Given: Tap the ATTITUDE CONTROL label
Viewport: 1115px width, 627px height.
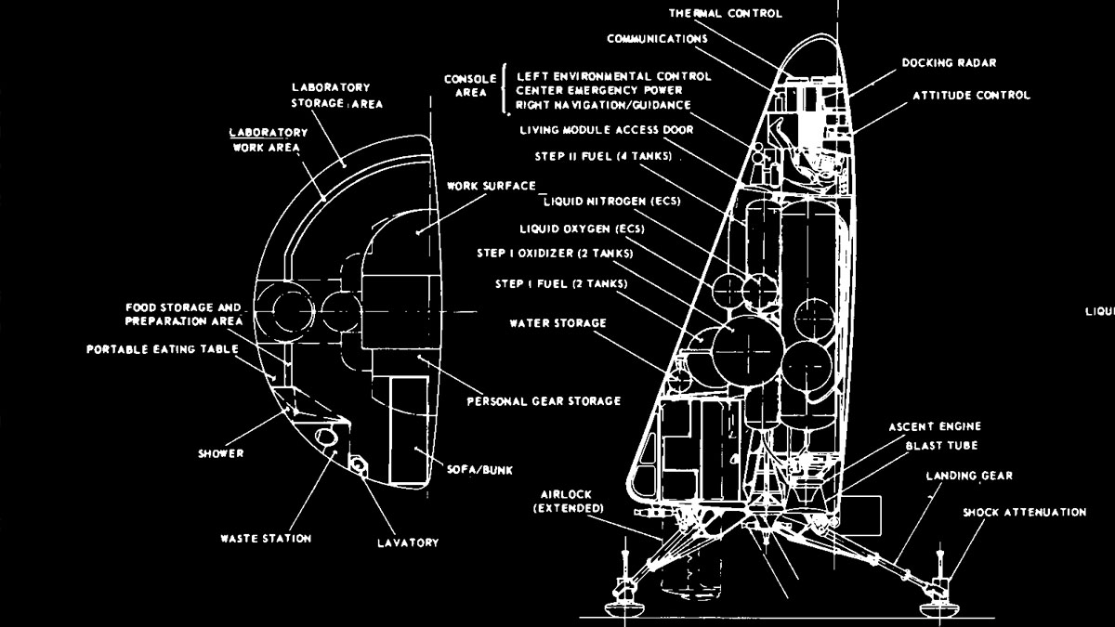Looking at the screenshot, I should (x=971, y=95).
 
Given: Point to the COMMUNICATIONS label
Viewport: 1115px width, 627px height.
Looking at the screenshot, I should (x=657, y=39).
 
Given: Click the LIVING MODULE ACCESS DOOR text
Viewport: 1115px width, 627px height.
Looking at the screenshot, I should (x=607, y=129).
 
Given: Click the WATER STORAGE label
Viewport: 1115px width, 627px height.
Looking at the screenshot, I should (x=557, y=323).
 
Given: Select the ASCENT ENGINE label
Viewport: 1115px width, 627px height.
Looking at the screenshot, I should (x=934, y=426).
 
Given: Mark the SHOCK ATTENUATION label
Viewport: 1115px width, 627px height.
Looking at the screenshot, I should (x=1024, y=512).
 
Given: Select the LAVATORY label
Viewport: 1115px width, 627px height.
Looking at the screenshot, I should (x=407, y=542).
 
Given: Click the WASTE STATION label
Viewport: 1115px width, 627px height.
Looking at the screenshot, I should (x=266, y=538).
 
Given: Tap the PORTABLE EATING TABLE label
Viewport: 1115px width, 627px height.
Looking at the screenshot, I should (x=163, y=349).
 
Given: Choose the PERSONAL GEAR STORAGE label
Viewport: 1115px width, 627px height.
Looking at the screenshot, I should (x=544, y=401).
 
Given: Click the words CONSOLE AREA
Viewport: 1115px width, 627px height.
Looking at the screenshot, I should (x=470, y=85).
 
